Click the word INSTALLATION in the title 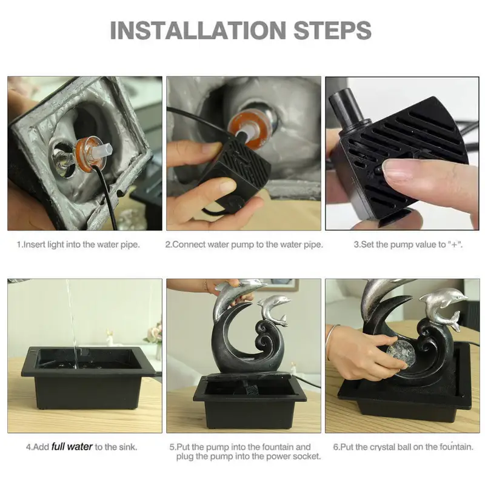point(198,30)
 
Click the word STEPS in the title point(332,30)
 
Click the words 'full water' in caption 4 point(72,447)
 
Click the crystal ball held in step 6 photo point(398,353)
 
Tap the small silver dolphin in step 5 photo point(274,309)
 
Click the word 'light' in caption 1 point(56,245)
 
